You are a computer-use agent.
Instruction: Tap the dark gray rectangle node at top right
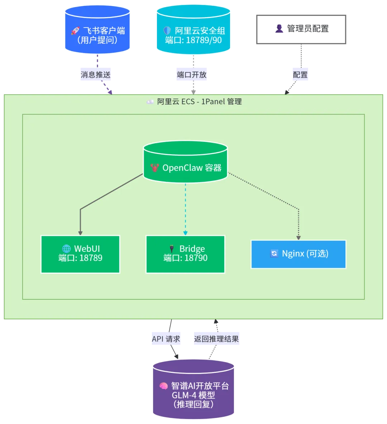point(301,30)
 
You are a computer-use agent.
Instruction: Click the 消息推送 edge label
point(96,75)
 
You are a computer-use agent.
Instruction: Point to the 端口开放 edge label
point(192,75)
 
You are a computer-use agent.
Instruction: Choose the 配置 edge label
point(300,75)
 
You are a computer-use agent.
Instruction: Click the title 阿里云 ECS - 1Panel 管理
point(195,102)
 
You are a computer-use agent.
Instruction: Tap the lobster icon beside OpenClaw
point(155,168)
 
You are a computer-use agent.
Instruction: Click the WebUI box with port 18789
point(80,254)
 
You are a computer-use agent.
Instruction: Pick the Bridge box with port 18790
point(185,254)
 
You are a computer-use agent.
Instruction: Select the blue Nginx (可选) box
point(298,254)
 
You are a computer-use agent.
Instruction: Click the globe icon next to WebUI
point(66,249)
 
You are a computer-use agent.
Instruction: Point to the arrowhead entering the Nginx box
point(298,238)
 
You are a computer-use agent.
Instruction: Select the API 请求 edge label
point(166,339)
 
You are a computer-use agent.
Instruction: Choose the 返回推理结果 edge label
point(216,339)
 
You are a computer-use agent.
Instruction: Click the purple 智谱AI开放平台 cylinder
point(193,392)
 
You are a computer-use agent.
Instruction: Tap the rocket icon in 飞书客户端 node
point(75,31)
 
